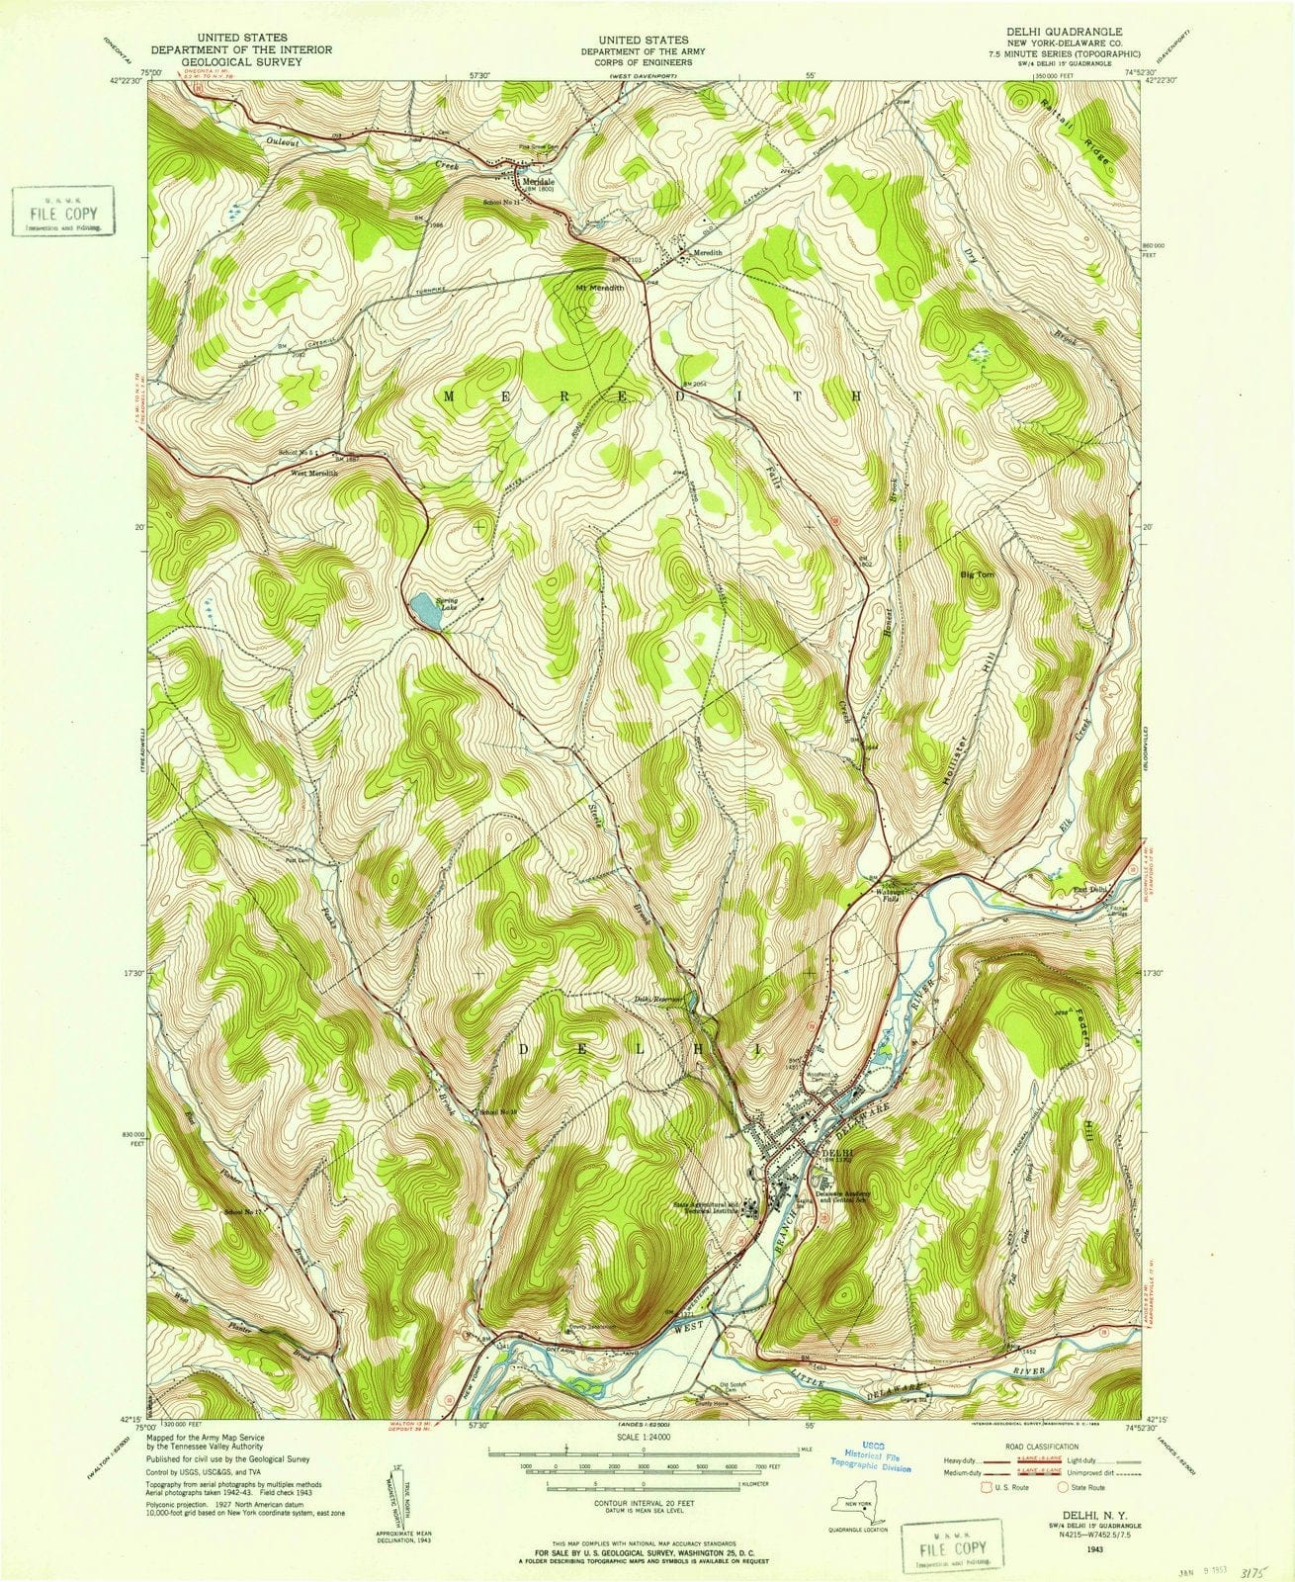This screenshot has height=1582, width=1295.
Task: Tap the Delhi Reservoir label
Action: pyautogui.click(x=659, y=999)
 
